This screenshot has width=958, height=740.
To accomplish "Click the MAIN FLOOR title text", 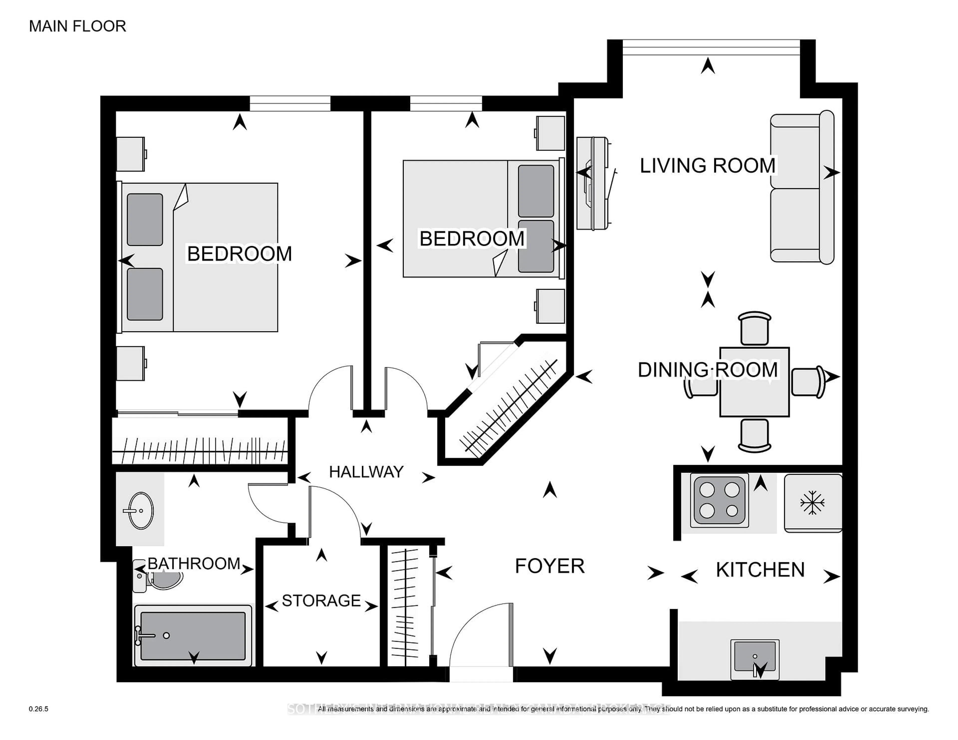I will tap(78, 26).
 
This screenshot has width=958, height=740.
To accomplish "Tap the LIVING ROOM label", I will tap(707, 166).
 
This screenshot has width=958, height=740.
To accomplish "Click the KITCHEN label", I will tap(760, 570).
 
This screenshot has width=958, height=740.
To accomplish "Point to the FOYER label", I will tap(550, 566).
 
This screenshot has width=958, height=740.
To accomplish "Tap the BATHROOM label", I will tap(194, 563).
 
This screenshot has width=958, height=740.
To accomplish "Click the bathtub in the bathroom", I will tap(193, 636).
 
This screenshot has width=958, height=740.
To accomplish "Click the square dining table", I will tap(754, 382).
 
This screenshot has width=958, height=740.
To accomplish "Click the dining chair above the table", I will tap(754, 329).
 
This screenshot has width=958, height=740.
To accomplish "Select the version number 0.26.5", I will tap(39, 709).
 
